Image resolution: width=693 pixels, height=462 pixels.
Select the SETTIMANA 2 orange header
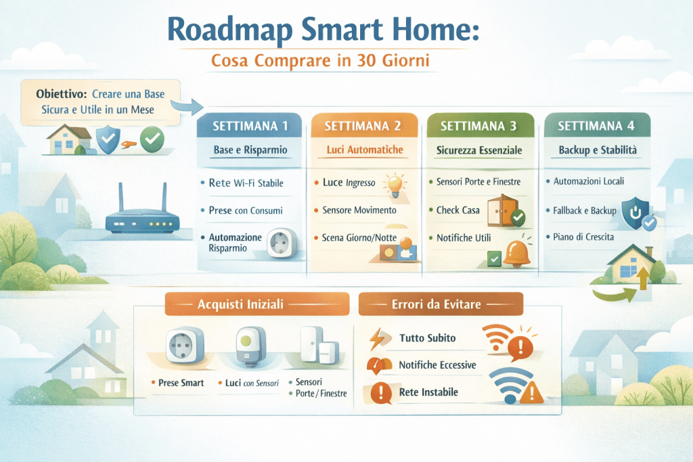click(x=363, y=126)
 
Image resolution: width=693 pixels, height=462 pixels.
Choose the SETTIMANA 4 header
click(x=593, y=126)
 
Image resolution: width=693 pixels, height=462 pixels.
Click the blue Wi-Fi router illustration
click(x=141, y=215)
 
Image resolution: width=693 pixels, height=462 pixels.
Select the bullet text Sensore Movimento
click(x=359, y=210)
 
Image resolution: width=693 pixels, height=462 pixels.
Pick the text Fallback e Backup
click(x=585, y=210)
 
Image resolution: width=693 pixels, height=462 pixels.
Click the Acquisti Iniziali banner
click(x=257, y=304)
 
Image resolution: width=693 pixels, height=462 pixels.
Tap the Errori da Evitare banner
click(x=441, y=304)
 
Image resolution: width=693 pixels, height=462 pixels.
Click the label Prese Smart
click(x=181, y=383)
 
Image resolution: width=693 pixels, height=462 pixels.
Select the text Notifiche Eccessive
click(x=437, y=365)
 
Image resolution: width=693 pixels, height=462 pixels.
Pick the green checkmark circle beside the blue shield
click(x=152, y=140)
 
